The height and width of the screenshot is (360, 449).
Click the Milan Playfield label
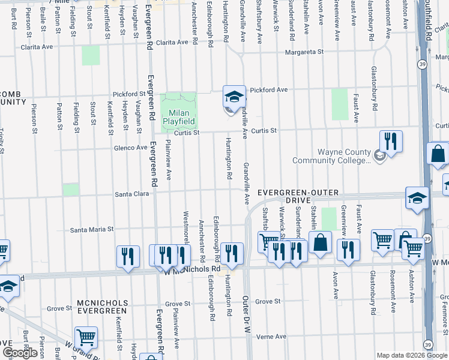179,116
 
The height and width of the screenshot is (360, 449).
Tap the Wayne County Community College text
331,156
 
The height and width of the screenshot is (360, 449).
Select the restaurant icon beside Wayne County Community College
391,142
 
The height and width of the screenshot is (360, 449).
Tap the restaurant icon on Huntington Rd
231,253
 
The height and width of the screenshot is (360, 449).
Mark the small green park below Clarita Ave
91,55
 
